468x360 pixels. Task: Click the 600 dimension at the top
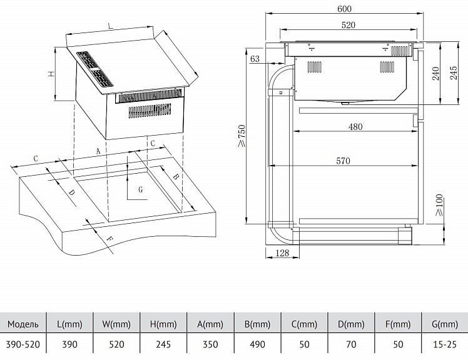pyautogui.click(x=345, y=9)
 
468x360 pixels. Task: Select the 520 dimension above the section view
pyautogui.click(x=348, y=25)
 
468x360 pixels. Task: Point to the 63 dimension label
pyautogui.click(x=255, y=59)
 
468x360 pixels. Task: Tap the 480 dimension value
pyautogui.click(x=355, y=127)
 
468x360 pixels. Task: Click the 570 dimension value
pyautogui.click(x=343, y=161)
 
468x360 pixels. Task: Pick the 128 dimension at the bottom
pyautogui.click(x=282, y=253)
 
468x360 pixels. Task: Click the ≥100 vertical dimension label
pyautogui.click(x=439, y=205)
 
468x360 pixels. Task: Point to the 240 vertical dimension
pyautogui.click(x=435, y=73)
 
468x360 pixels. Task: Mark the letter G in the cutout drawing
pyautogui.click(x=141, y=189)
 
